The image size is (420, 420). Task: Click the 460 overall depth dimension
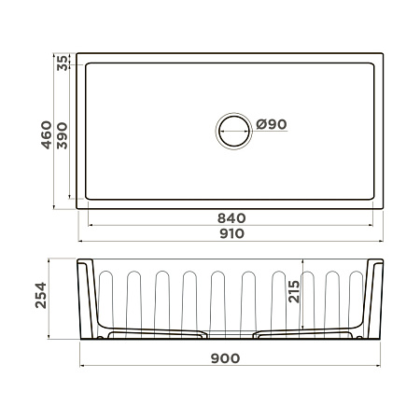(x=47, y=134)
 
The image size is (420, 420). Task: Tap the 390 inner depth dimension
(x=63, y=135)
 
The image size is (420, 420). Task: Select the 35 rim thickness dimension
(x=63, y=63)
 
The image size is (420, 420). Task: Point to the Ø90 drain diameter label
(x=272, y=124)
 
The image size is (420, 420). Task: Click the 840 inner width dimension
(x=231, y=218)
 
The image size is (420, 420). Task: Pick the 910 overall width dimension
(x=231, y=233)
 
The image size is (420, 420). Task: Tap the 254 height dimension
(x=41, y=295)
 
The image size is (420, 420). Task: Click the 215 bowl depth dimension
(x=294, y=291)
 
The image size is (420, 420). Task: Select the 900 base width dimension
(x=225, y=358)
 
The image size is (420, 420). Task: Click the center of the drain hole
(x=234, y=131)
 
